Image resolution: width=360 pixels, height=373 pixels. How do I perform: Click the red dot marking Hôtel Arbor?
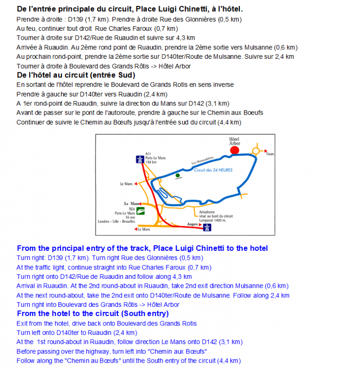tap(235, 150)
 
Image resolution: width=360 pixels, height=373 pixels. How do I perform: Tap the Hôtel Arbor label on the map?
tap(234, 141)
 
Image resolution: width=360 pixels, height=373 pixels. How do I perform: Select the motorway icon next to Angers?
tap(206, 227)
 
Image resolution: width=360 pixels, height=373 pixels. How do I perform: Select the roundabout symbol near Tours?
tap(256, 151)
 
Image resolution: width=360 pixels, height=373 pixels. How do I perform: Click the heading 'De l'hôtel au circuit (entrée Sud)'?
tap(76, 75)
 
